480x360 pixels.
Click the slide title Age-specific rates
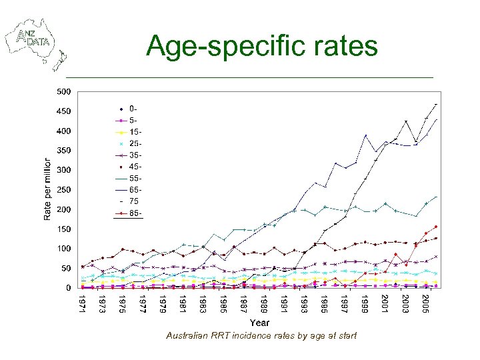pos(262,46)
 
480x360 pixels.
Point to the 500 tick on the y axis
pos(64,91)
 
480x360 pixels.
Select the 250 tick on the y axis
pos(64,190)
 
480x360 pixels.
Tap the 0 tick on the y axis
pos(68,288)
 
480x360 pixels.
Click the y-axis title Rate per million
pos(47,189)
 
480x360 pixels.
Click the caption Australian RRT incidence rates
pos(261,335)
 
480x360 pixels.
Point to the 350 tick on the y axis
pos(64,151)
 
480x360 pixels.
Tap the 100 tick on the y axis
pos(64,249)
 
